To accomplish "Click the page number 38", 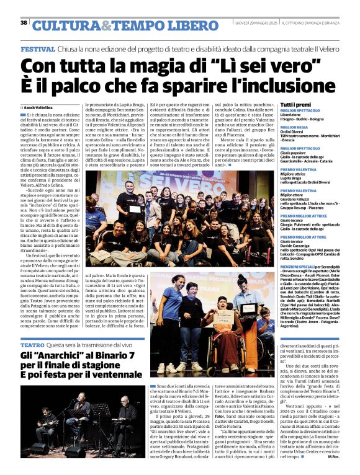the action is point(24,23).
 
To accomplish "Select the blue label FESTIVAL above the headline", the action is point(37,49).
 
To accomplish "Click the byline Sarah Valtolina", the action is point(38,107).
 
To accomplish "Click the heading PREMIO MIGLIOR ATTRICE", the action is point(304,215).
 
